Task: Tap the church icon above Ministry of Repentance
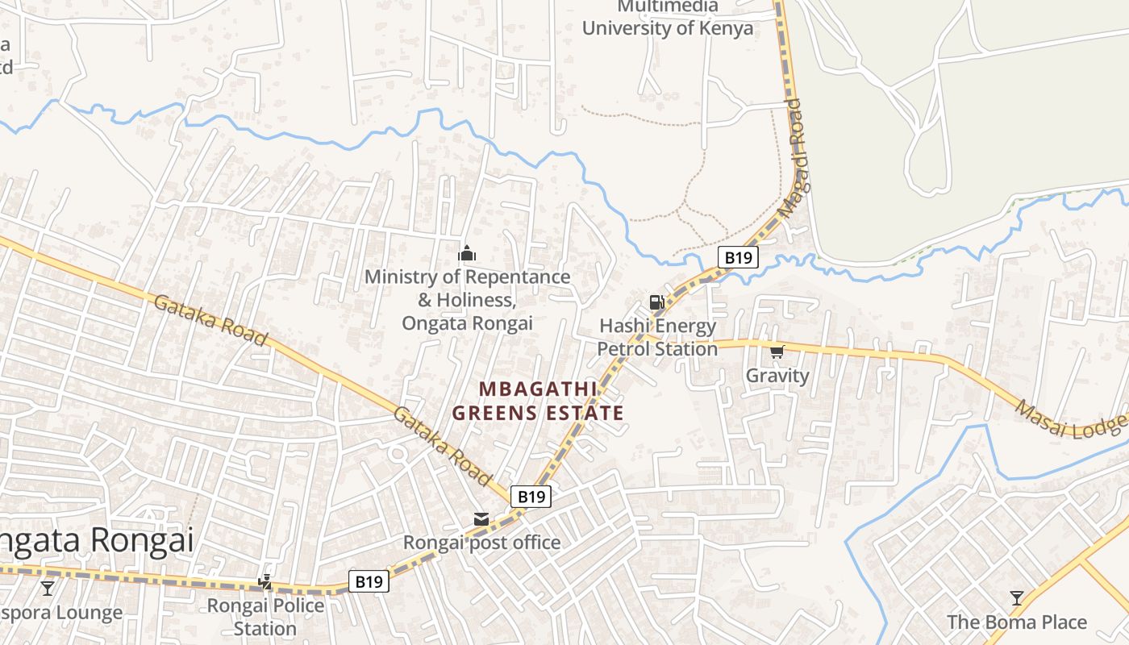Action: click(467, 253)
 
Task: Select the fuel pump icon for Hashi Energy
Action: click(656, 302)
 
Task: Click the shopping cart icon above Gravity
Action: click(777, 352)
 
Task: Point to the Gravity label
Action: click(777, 376)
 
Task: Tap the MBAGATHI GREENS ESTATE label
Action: click(538, 401)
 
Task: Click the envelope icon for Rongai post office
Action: click(481, 519)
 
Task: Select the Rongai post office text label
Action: click(481, 543)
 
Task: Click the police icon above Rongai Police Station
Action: click(265, 581)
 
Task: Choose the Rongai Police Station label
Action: click(265, 617)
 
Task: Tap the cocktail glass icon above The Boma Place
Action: click(1017, 598)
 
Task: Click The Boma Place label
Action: click(1017, 622)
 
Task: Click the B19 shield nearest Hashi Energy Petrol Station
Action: click(738, 258)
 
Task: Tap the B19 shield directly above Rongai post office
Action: click(531, 497)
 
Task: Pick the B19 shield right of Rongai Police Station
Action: click(369, 581)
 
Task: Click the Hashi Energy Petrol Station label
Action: click(657, 338)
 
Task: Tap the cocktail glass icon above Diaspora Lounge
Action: click(48, 589)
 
